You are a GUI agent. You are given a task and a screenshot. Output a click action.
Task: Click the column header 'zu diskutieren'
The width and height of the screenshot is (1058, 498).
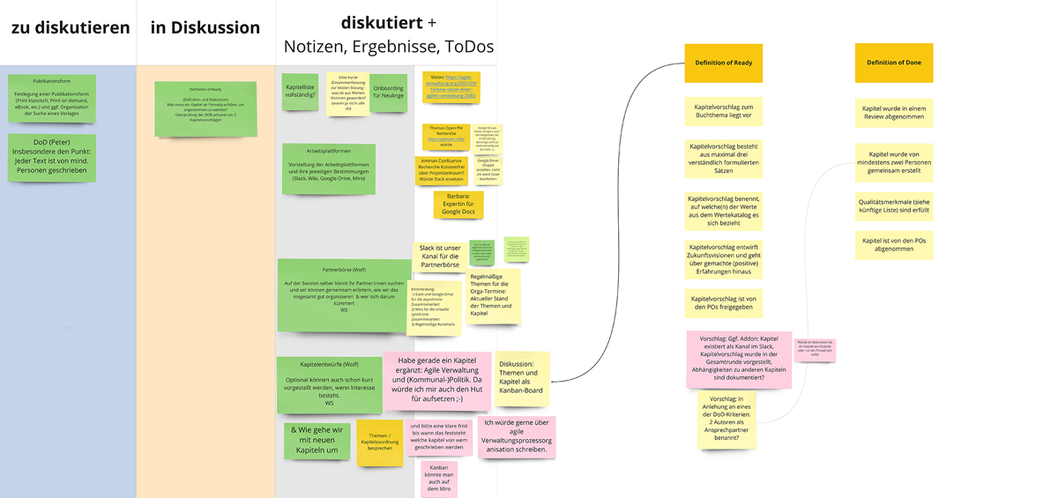(71, 27)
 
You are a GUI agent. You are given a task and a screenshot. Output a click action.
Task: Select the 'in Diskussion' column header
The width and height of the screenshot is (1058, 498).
(205, 27)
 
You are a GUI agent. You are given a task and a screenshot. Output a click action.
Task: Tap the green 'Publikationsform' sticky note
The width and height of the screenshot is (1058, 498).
(52, 98)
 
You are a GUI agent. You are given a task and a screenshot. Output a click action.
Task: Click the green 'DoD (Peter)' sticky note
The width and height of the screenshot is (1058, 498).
(52, 157)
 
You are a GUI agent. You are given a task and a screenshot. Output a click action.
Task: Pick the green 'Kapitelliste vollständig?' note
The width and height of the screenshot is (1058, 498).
(301, 92)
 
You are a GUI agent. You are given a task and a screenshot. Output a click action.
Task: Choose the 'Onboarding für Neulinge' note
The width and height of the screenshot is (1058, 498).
(388, 92)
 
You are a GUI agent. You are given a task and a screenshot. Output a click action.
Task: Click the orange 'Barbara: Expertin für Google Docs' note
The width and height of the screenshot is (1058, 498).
(458, 204)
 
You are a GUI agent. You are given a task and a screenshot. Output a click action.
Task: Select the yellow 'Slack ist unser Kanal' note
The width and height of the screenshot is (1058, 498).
(439, 256)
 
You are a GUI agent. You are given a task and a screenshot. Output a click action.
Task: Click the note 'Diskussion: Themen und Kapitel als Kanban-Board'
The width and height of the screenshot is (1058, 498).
(522, 378)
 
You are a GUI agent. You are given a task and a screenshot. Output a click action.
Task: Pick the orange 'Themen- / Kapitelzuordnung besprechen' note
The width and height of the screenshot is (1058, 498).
(380, 442)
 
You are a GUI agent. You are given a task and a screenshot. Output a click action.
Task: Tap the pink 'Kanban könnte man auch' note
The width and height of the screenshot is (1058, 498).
(438, 479)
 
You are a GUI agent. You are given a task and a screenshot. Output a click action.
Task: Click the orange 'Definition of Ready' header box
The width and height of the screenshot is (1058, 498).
(723, 63)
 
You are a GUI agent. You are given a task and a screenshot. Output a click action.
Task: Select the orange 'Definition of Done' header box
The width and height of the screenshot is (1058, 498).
(893, 63)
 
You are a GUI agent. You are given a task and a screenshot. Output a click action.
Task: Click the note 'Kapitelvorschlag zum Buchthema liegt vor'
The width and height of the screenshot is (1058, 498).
(723, 110)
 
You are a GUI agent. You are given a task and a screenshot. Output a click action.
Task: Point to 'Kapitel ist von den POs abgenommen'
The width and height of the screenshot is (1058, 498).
(893, 244)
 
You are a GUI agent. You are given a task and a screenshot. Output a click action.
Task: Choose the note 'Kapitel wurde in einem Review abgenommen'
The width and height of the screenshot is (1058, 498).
(893, 113)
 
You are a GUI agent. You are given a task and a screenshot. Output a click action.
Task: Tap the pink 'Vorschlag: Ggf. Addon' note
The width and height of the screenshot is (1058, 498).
(739, 359)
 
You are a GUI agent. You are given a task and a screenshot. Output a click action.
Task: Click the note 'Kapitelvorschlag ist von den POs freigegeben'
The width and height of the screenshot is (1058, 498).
(723, 303)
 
